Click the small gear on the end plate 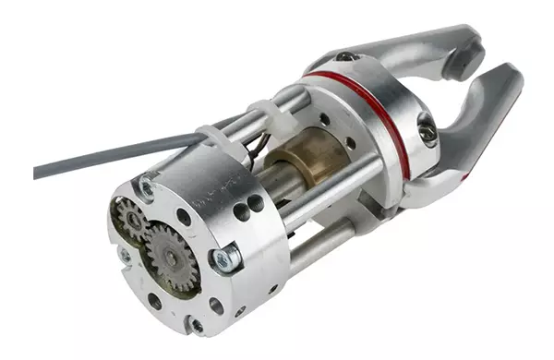tap(131, 220)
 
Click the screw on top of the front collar tap(345, 57)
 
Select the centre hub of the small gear tap(131, 220)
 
